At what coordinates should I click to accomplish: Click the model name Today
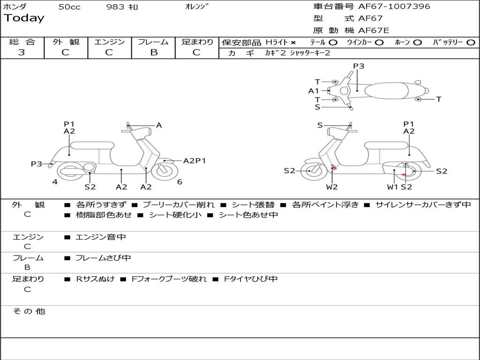[24, 18]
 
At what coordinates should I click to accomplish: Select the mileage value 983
[115, 7]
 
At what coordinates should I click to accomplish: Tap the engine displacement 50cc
[69, 7]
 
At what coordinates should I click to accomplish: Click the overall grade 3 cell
[22, 52]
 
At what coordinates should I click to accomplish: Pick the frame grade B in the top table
[154, 52]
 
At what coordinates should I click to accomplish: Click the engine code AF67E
[374, 30]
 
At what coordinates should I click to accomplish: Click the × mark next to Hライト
[293, 43]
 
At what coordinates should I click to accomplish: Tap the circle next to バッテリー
[471, 43]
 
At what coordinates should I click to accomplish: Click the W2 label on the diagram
[332, 187]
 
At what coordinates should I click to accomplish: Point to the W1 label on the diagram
[392, 187]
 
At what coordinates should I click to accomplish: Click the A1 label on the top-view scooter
[314, 91]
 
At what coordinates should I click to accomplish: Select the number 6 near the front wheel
[180, 182]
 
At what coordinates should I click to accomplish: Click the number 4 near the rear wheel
[55, 182]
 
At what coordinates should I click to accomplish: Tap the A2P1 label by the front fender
[195, 161]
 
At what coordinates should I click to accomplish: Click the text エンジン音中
[101, 237]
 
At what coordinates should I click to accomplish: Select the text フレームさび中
[103, 258]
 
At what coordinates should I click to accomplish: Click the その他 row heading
[29, 311]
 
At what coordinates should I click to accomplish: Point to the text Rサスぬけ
[95, 279]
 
